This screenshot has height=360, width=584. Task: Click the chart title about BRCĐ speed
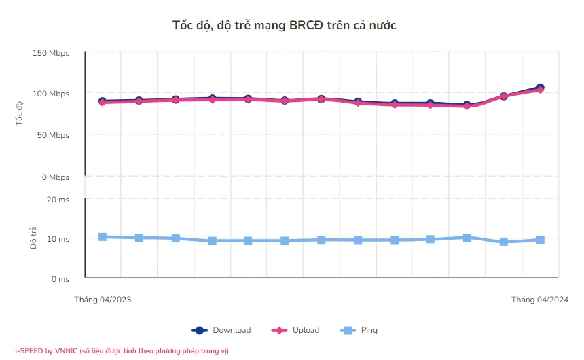tap(284, 25)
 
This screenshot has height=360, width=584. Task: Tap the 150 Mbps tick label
tap(50, 53)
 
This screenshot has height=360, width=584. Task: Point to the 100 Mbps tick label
tap(50, 94)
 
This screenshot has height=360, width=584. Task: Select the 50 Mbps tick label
tap(52, 135)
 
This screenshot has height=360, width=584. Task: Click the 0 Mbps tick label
tap(55, 177)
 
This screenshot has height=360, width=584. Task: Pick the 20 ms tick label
tap(58, 200)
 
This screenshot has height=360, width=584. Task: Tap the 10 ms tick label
tap(58, 239)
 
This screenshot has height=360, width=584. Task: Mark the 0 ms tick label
tap(60, 279)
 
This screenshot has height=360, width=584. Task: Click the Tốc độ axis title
tap(19, 113)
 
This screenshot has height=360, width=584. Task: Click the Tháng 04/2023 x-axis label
tap(103, 300)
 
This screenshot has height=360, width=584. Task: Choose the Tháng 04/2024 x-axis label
tap(540, 300)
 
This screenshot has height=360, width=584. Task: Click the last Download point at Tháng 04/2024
tap(540, 88)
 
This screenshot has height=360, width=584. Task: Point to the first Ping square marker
tap(103, 237)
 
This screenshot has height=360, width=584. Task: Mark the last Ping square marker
tap(540, 240)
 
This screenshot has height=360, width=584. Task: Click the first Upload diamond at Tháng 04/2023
tap(103, 103)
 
